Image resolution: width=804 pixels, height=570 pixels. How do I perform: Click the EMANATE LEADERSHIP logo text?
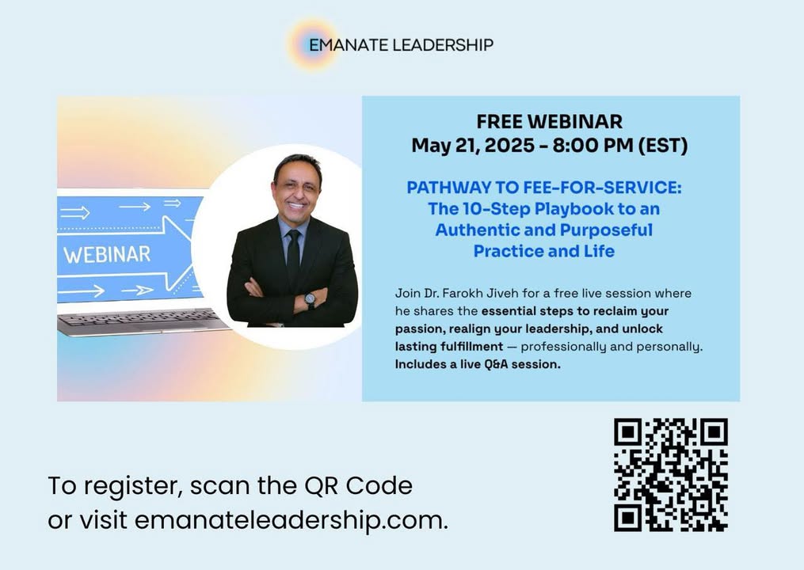pyautogui.click(x=401, y=45)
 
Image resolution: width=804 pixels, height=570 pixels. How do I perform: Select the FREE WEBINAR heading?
pyautogui.click(x=550, y=121)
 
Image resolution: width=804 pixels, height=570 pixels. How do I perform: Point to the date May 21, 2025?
pyautogui.click(x=473, y=146)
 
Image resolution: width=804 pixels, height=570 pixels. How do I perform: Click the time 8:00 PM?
pyautogui.click(x=593, y=146)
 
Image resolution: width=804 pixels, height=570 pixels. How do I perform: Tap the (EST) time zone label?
pyautogui.click(x=663, y=146)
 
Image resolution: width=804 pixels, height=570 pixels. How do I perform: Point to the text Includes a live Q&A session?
pyautogui.click(x=478, y=364)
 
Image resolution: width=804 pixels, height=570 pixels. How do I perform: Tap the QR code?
pyautogui.click(x=671, y=475)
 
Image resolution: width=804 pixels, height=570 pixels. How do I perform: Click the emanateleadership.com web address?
pyautogui.click(x=291, y=520)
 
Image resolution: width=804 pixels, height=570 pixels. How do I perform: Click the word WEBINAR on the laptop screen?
pyautogui.click(x=107, y=255)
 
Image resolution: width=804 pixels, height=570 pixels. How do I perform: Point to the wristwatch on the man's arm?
pyautogui.click(x=311, y=300)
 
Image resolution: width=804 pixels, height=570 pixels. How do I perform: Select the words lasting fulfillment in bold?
pyautogui.click(x=449, y=347)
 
